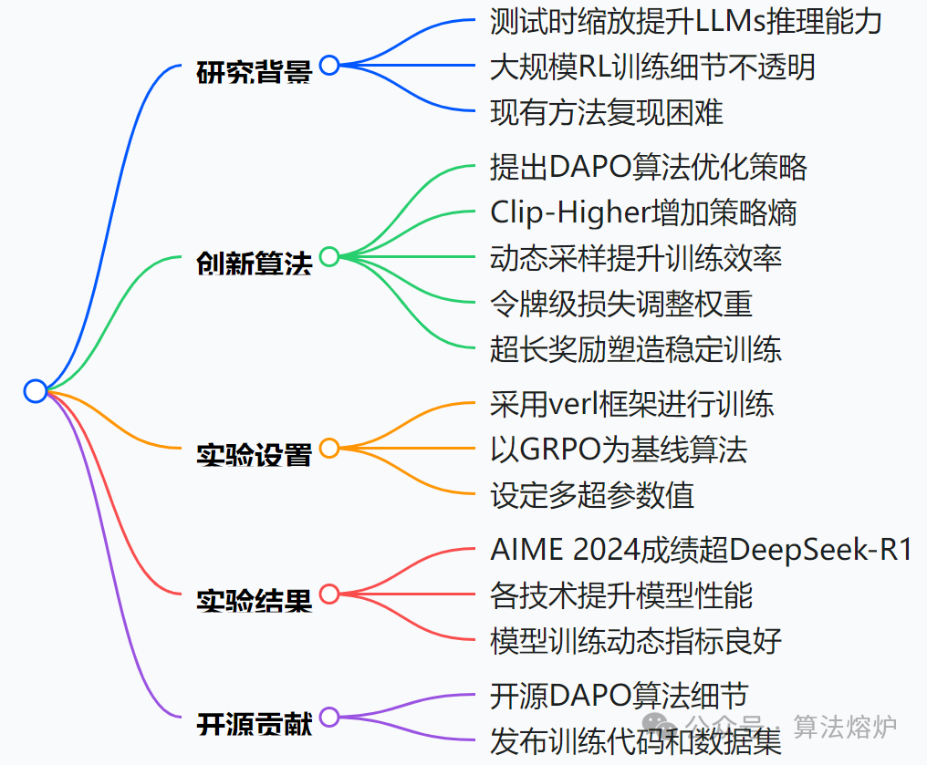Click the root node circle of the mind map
click(35, 391)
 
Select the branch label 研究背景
click(255, 70)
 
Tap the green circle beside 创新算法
click(329, 256)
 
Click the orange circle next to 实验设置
click(329, 448)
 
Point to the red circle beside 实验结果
click(329, 594)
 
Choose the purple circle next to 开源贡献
click(329, 717)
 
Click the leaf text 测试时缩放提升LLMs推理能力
click(685, 21)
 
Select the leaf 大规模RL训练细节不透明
click(652, 67)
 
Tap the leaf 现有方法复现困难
click(607, 112)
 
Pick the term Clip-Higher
click(569, 212)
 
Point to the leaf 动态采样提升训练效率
click(636, 258)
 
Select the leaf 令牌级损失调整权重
click(621, 304)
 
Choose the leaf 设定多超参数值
click(592, 495)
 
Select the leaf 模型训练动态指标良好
click(636, 641)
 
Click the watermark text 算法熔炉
click(845, 726)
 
